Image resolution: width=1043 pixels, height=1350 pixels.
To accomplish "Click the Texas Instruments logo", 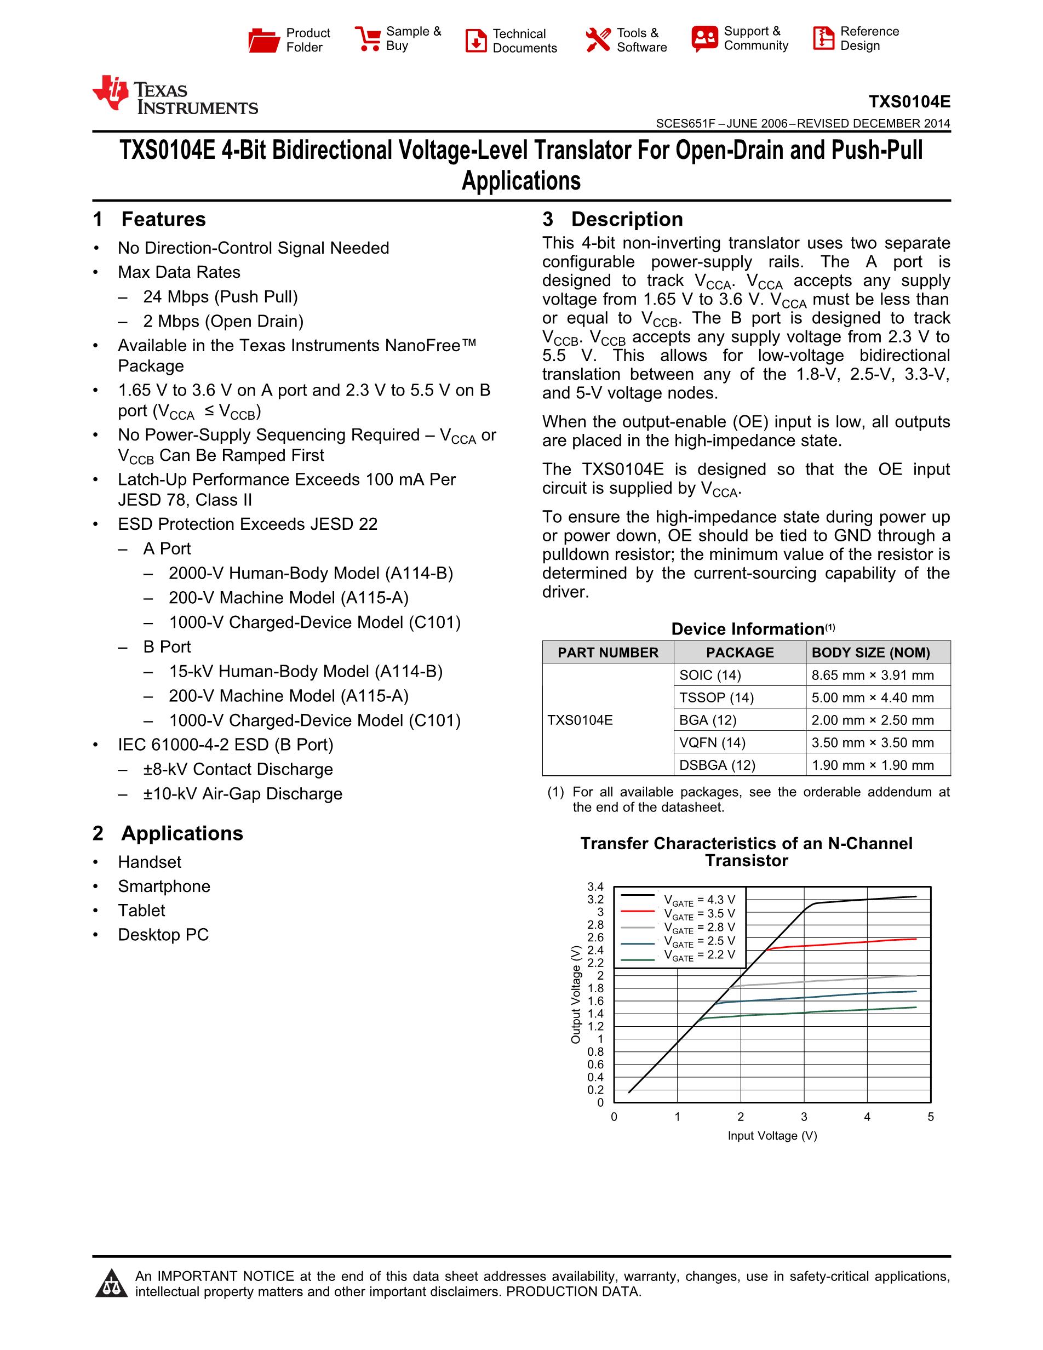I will pyautogui.click(x=175, y=96).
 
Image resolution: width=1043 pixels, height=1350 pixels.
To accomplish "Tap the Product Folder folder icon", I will pyautogui.click(x=264, y=39).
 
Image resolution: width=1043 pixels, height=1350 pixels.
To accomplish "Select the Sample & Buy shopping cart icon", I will pyautogui.click(x=368, y=38).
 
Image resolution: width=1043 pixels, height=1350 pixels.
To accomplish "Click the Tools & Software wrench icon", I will pyautogui.click(x=598, y=39).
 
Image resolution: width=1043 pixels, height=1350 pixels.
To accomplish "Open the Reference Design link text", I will pyautogui.click(x=869, y=38).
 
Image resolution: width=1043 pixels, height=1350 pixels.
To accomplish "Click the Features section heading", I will pyautogui.click(x=163, y=220).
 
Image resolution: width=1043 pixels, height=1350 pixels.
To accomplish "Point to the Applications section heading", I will pyautogui.click(x=182, y=833).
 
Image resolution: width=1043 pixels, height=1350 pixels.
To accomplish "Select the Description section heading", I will pyautogui.click(x=627, y=220).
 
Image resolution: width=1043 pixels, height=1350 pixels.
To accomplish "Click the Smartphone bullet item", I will pyautogui.click(x=164, y=886).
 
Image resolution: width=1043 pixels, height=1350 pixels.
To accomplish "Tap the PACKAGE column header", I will pyautogui.click(x=740, y=653).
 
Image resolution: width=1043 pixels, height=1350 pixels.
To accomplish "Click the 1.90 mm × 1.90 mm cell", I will pyautogui.click(x=873, y=765).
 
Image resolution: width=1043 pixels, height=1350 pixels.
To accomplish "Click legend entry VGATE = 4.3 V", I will pyautogui.click(x=699, y=900).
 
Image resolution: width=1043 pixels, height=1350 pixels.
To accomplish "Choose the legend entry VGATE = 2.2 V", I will pyautogui.click(x=699, y=954).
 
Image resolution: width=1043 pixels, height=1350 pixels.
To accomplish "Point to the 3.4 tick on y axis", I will pyautogui.click(x=595, y=887).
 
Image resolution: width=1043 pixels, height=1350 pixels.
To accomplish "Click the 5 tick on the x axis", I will pyautogui.click(x=931, y=1117).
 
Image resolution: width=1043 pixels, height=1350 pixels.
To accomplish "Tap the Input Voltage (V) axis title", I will pyautogui.click(x=772, y=1136).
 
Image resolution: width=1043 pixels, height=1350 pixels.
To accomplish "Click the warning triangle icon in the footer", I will pyautogui.click(x=111, y=1284).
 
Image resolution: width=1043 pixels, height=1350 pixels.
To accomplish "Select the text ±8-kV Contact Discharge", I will pyautogui.click(x=238, y=770).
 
